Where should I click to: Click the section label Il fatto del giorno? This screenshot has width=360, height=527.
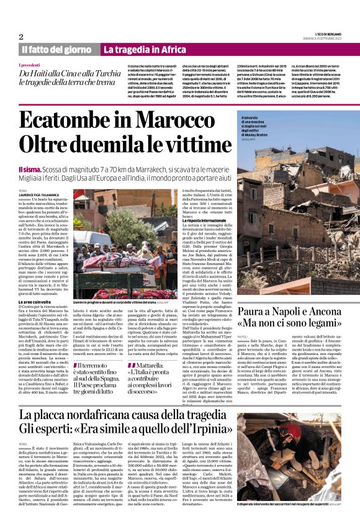click(x=57, y=50)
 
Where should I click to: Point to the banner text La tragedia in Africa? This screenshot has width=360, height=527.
click(x=144, y=50)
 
